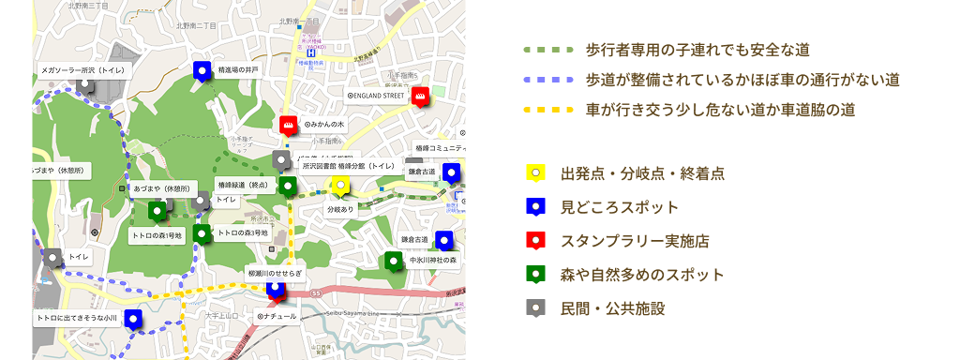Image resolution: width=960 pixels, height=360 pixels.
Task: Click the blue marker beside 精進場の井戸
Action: pos(201,70)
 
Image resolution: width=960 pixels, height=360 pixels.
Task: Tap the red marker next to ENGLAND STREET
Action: pos(421,95)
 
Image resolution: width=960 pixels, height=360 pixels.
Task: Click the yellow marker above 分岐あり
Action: pos(341,186)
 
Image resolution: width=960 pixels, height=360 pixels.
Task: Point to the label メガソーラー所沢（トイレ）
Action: pos(82,69)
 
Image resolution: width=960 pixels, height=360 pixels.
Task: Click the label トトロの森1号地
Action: pos(157,235)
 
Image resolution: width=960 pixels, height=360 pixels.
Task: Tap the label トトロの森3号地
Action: pos(243,232)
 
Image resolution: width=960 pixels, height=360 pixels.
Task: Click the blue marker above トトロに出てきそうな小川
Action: pos(132,320)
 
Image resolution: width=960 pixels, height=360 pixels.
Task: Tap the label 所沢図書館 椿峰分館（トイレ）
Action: pos(348,165)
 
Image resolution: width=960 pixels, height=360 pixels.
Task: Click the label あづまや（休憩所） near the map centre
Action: pos(163,188)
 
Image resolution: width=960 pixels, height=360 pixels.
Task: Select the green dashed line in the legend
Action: pos(548,49)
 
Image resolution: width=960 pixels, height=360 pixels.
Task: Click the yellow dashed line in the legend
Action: pos(548,110)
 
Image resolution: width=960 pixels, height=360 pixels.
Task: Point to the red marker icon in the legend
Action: pos(535,241)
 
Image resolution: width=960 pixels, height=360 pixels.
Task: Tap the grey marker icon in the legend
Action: pos(535,307)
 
